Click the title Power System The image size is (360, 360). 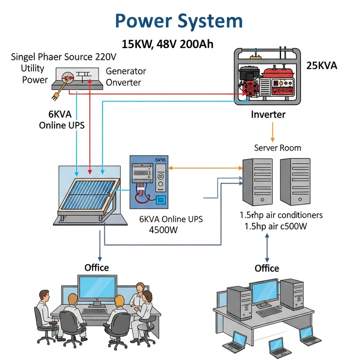pyautogui.click(x=179, y=21)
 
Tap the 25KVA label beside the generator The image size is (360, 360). pyautogui.click(x=322, y=66)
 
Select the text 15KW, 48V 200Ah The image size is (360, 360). pyautogui.click(x=167, y=44)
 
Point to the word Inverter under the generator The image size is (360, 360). pyautogui.click(x=268, y=115)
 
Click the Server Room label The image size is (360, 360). pyautogui.click(x=278, y=148)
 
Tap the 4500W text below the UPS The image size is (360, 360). pyautogui.click(x=164, y=229)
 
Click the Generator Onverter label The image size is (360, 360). pyautogui.click(x=126, y=77)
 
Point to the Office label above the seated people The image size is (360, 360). pyautogui.click(x=97, y=268)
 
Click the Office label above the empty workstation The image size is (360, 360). pyautogui.click(x=267, y=268)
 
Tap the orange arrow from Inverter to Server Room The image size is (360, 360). pyautogui.click(x=272, y=131)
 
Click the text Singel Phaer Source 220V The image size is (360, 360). pyautogui.click(x=63, y=57)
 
